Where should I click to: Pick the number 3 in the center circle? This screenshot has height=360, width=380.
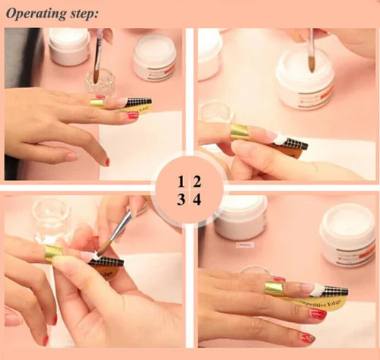click(x=181, y=200)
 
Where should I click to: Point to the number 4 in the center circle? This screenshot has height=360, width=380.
click(x=197, y=200)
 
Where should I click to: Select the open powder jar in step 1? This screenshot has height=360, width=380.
click(x=154, y=58)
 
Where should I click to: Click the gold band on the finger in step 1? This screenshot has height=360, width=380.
click(x=97, y=103)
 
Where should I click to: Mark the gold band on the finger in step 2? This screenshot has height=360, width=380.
click(x=239, y=132)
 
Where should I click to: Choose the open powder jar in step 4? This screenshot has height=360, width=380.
click(x=347, y=232)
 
